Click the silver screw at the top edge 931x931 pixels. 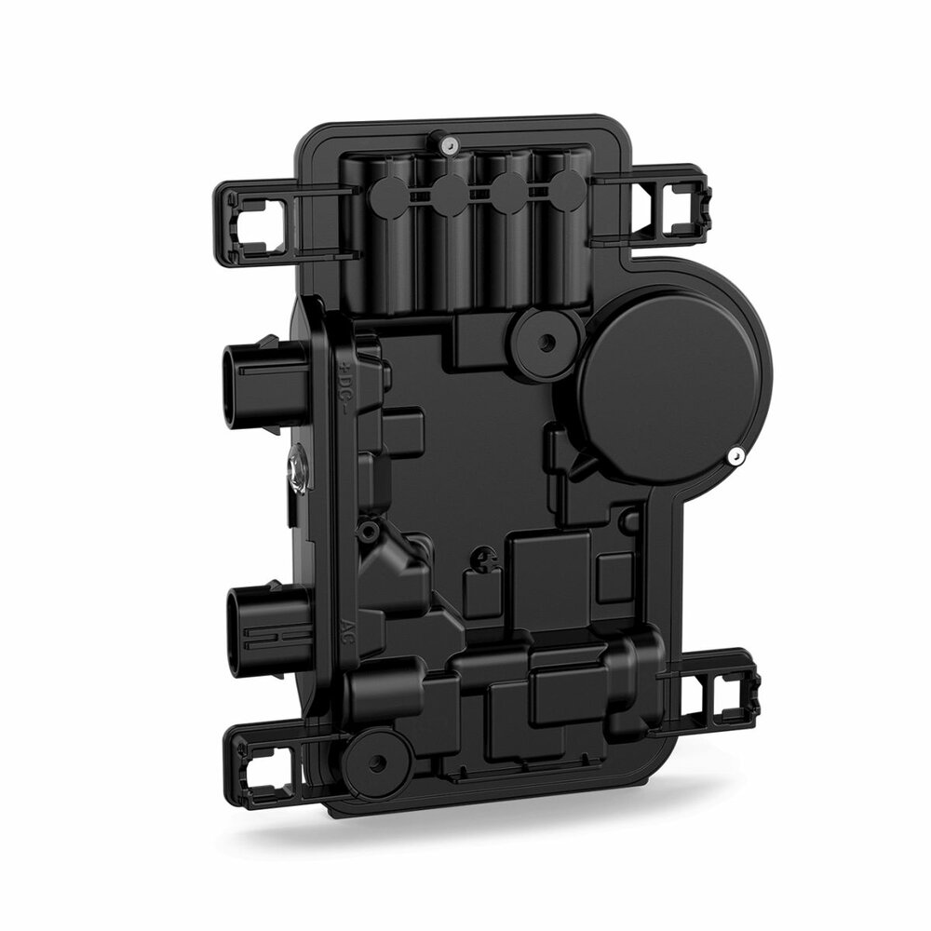coord(449,144)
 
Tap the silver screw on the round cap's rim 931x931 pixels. coord(735,455)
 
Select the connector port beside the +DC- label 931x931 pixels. coord(261,381)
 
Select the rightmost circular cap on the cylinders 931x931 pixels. coord(568,194)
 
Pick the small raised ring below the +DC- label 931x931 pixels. coord(371,531)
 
